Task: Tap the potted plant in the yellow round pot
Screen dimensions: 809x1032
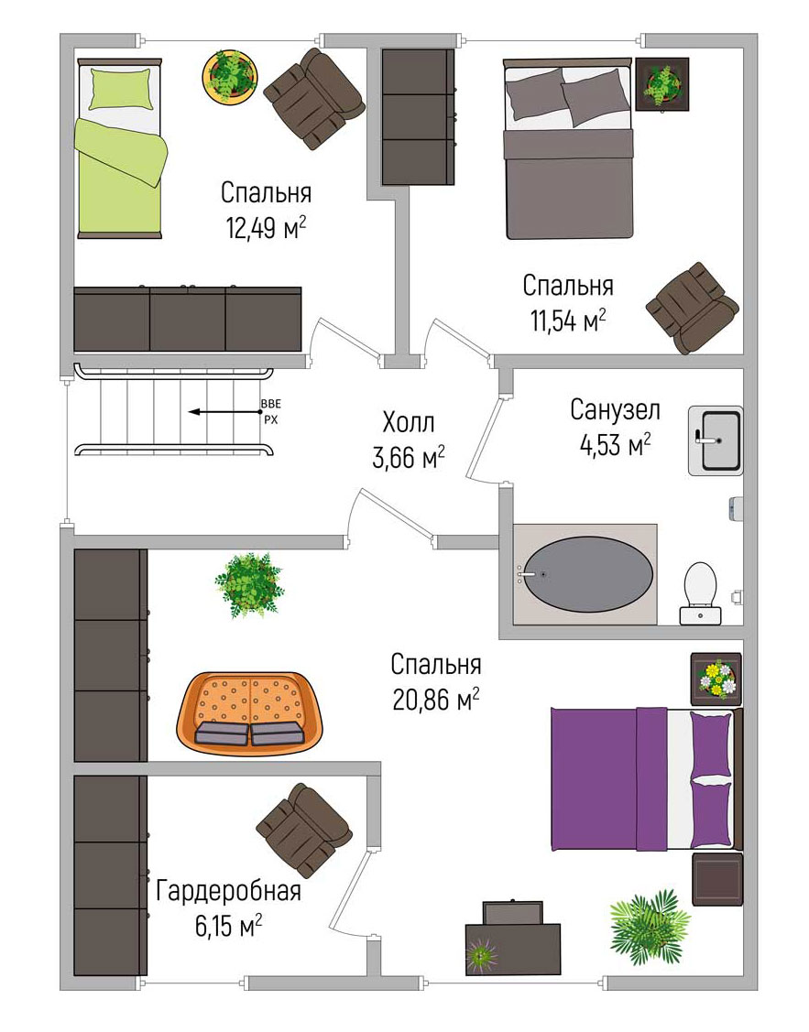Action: [229, 76]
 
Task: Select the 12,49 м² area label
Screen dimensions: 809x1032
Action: [266, 228]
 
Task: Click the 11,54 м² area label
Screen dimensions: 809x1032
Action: [568, 320]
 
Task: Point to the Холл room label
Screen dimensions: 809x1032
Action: [408, 422]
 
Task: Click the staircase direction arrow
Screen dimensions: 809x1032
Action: [224, 412]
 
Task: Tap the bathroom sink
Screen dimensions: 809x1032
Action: [716, 440]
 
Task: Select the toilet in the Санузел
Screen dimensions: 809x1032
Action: [700, 593]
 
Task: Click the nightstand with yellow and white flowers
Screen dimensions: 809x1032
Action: [716, 679]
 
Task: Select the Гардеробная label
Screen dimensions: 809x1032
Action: [228, 890]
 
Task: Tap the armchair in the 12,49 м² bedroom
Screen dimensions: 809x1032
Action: [314, 98]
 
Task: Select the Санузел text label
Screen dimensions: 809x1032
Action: [615, 410]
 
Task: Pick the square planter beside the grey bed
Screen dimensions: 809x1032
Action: [662, 84]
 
